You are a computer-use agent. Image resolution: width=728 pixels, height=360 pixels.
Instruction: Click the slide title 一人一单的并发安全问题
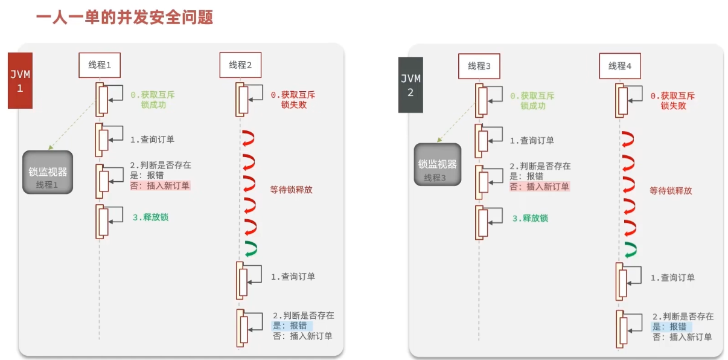coord(125,16)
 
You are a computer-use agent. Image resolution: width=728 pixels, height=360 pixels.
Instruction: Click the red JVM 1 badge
coord(20,80)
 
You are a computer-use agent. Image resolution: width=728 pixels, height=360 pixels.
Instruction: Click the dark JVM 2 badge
coord(410,85)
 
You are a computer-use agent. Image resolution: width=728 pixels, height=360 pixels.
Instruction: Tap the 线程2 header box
coord(240,65)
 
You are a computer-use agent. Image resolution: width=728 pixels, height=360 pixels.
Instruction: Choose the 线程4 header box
coord(620,66)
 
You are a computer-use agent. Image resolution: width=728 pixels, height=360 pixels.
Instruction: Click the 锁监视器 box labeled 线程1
coord(48,172)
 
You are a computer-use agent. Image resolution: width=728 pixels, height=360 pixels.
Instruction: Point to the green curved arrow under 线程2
coord(250,247)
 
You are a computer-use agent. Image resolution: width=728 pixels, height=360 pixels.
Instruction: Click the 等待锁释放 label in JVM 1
coord(292,189)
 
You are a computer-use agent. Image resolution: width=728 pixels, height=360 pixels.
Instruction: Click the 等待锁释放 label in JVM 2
coord(671,190)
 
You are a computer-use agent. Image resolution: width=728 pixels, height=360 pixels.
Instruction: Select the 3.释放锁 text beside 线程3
coord(531,218)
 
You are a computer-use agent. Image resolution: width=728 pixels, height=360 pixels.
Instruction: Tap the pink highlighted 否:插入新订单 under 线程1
coord(160,185)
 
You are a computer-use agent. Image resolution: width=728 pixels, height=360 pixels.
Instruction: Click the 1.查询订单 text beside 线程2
coord(293,277)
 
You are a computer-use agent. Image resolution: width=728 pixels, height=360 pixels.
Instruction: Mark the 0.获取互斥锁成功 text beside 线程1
coord(153,100)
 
